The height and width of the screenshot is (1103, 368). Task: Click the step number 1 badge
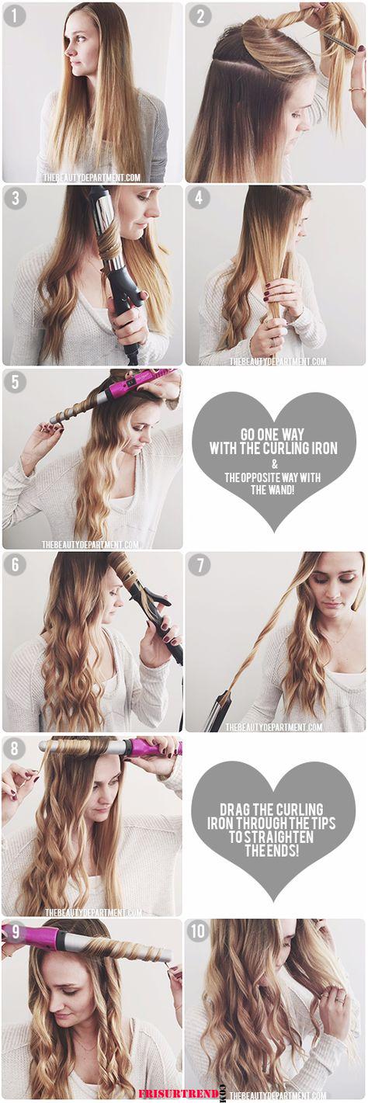16,16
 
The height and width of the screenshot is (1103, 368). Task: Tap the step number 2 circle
200,16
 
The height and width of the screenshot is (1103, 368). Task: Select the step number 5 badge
16,382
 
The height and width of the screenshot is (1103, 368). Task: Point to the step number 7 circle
200,565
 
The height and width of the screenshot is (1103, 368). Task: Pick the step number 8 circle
14,748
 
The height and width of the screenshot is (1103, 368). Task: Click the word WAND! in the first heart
280,490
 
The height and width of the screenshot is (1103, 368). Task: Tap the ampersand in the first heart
274,464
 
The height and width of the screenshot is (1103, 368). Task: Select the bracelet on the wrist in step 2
356,90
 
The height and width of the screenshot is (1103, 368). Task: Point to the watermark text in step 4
277,362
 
